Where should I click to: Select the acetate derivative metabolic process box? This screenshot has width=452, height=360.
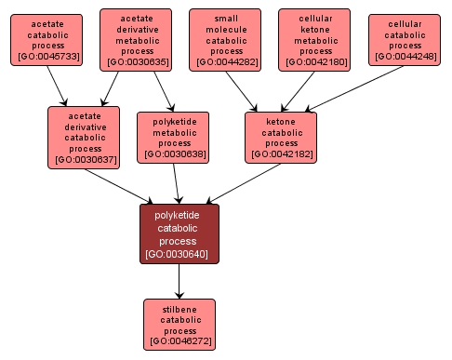point(136,39)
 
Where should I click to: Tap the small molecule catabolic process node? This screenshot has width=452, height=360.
point(224,39)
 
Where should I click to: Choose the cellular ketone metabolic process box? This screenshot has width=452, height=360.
point(314,39)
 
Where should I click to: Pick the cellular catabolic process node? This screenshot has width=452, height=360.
point(405,39)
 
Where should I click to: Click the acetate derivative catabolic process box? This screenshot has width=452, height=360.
point(84,136)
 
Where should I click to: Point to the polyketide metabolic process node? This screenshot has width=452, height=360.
point(174,137)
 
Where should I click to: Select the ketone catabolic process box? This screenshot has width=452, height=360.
point(280,137)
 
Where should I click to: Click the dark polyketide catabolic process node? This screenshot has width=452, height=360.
point(179,233)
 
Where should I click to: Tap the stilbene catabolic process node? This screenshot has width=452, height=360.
point(179,324)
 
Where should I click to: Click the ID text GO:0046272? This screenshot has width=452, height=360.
point(179,341)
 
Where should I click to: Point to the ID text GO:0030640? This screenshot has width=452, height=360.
point(179,254)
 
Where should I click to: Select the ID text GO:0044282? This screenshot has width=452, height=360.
point(224,62)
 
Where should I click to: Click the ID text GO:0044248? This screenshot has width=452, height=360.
point(405,57)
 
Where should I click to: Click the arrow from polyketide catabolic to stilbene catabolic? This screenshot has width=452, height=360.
point(179,281)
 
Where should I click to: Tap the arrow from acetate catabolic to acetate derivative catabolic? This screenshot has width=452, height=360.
point(60,89)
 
